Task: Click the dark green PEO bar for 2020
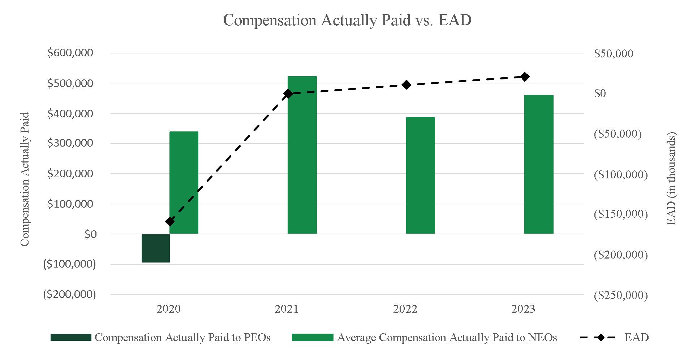(x=155, y=248)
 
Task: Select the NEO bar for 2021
(x=302, y=155)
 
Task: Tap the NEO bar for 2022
(x=420, y=175)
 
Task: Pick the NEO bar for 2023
(x=538, y=164)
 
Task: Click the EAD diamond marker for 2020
(x=169, y=221)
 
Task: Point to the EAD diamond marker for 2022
(x=406, y=85)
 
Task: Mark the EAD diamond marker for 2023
(x=525, y=77)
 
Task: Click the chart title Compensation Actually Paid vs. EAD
(x=347, y=20)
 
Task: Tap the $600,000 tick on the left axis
(x=70, y=53)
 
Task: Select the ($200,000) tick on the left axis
(x=69, y=294)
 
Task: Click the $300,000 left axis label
(x=70, y=143)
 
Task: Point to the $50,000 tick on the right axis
(x=614, y=53)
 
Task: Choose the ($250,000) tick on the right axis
(x=621, y=295)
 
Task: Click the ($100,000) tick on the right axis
(x=621, y=174)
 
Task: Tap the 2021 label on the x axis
(x=287, y=309)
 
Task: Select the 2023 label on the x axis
(x=523, y=309)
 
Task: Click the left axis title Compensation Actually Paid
(x=25, y=179)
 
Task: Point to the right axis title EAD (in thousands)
(x=671, y=179)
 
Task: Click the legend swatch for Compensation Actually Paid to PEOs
(x=71, y=338)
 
